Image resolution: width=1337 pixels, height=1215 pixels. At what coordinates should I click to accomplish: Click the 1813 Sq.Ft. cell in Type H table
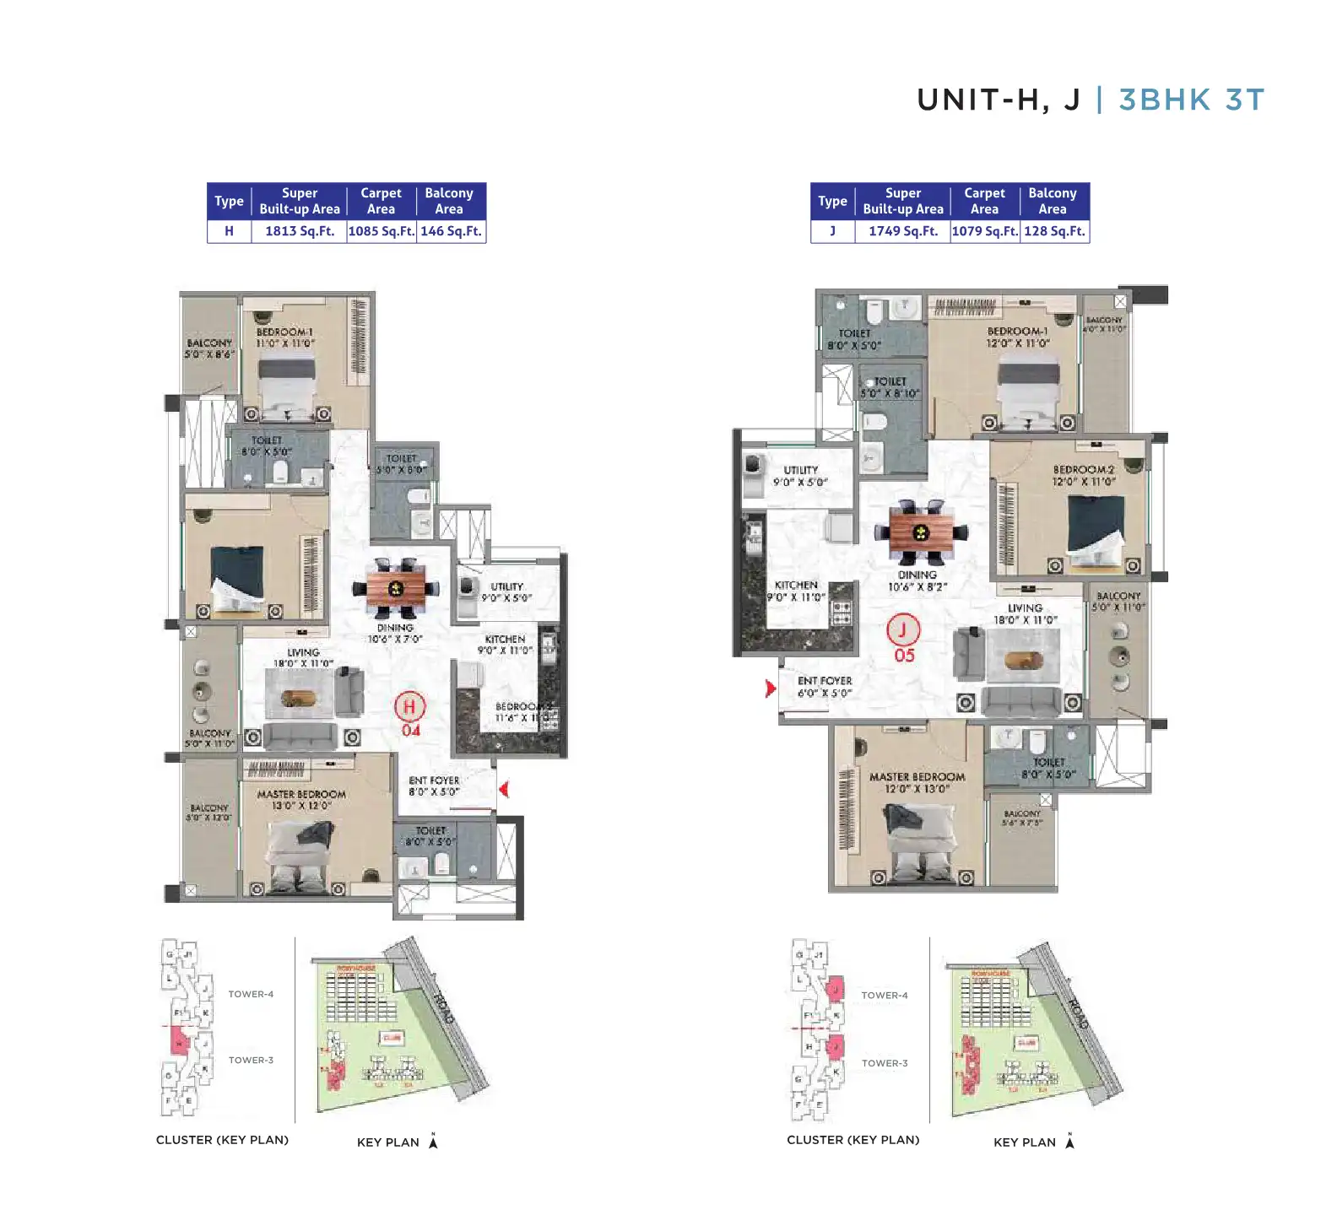point(299,231)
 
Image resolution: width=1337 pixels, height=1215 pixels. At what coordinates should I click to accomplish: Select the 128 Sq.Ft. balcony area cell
point(1054,231)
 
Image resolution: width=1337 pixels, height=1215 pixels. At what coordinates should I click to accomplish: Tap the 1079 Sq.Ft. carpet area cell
point(985,231)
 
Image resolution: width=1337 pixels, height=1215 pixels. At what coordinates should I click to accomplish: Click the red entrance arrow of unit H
point(504,789)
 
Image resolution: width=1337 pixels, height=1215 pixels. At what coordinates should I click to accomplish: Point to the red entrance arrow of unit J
point(770,688)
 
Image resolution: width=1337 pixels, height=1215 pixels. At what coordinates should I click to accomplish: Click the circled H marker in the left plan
point(409,706)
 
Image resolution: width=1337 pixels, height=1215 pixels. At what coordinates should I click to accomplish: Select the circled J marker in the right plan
point(902,629)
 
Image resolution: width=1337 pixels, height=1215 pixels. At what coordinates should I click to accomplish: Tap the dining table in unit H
point(396,588)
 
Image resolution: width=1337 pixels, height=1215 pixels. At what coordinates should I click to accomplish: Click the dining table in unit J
point(921,532)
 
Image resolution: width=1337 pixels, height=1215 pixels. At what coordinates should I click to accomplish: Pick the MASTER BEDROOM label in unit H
point(301,794)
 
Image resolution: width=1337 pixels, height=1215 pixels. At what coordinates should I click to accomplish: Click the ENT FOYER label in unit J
point(825,681)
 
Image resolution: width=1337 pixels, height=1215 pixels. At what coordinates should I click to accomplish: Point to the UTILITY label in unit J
point(800,470)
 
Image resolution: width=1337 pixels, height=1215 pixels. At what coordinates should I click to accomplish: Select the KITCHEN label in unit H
point(505,639)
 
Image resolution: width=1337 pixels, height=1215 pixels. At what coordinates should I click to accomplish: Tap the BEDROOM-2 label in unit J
point(1083,469)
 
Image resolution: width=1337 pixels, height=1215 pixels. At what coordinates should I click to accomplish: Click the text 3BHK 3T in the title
point(1191,100)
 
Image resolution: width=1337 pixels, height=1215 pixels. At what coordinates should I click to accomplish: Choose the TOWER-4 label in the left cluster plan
point(251,994)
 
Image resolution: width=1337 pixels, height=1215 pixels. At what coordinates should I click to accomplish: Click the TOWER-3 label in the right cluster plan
point(884,1063)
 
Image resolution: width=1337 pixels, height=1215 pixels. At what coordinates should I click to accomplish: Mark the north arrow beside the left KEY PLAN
point(433,1141)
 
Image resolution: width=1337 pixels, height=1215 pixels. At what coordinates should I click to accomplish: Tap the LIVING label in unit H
point(303,652)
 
